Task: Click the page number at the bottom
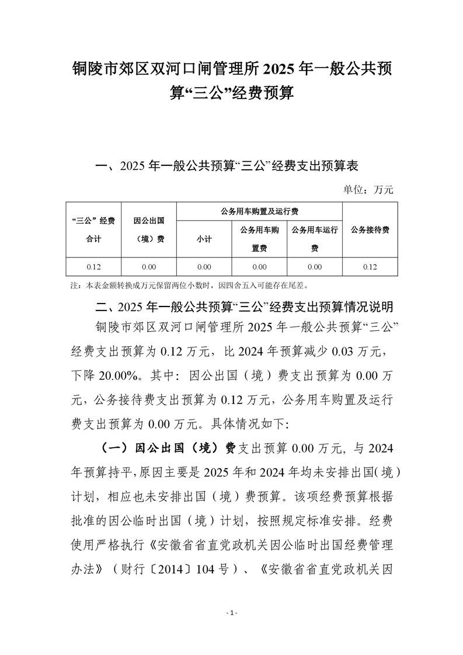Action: [232, 613]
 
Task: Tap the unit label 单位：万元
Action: [374, 190]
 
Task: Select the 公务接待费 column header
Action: [370, 230]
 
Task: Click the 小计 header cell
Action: [204, 239]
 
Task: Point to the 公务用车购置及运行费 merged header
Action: [259, 211]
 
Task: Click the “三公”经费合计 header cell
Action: [93, 230]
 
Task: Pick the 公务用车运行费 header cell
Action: [315, 239]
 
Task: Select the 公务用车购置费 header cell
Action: [259, 239]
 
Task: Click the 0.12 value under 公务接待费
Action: [370, 267]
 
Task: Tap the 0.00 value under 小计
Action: [204, 267]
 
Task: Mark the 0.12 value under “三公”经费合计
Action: [93, 267]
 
